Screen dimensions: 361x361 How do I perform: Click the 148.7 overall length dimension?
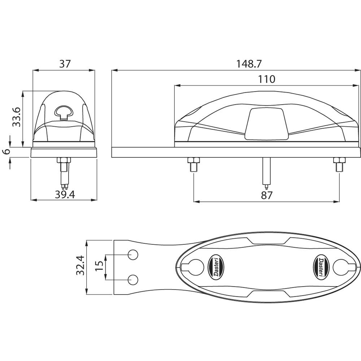pos(249,64)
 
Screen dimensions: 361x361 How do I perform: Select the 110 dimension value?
pos(267,79)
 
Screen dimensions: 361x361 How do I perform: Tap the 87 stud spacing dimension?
pos(266,195)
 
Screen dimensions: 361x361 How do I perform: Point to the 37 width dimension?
pos(65,64)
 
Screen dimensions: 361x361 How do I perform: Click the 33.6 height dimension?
pos(16,117)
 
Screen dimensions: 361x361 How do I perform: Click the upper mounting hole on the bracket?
pos(133,255)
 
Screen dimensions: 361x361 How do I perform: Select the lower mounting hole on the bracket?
pos(133,279)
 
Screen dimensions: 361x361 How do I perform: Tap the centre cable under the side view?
pos(266,173)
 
